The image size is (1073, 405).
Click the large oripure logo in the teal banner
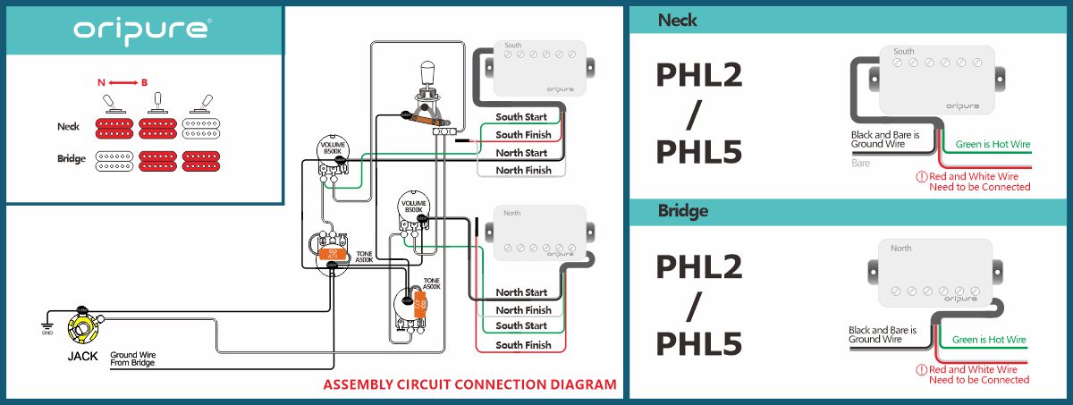click(x=142, y=30)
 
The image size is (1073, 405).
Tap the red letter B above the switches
click(x=144, y=82)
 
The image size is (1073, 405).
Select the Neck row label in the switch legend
click(x=70, y=127)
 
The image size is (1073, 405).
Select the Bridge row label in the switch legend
click(x=71, y=159)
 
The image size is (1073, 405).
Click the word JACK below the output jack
click(x=82, y=356)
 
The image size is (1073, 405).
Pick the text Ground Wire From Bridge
click(x=133, y=359)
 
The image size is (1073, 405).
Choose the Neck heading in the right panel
click(x=677, y=19)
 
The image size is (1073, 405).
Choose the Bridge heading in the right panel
click(x=682, y=212)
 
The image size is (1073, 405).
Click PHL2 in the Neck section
click(x=699, y=76)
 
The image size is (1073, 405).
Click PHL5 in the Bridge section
click(x=699, y=343)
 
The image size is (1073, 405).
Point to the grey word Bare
click(x=860, y=164)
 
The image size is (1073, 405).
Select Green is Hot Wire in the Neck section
click(x=993, y=144)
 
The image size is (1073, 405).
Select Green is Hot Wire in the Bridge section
click(x=989, y=340)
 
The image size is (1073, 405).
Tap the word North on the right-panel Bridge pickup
click(x=900, y=249)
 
